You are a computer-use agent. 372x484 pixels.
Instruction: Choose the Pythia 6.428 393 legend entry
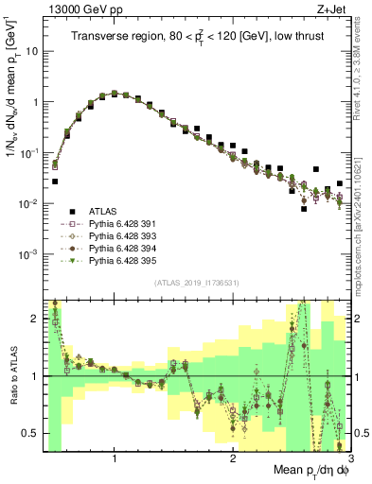pyautogui.click(x=119, y=236)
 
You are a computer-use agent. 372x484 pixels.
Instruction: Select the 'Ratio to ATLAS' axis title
pyautogui.click(x=13, y=377)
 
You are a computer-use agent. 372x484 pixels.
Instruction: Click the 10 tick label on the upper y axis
pyautogui.click(x=30, y=51)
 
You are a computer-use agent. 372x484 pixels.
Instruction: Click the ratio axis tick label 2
pyautogui.click(x=34, y=319)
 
